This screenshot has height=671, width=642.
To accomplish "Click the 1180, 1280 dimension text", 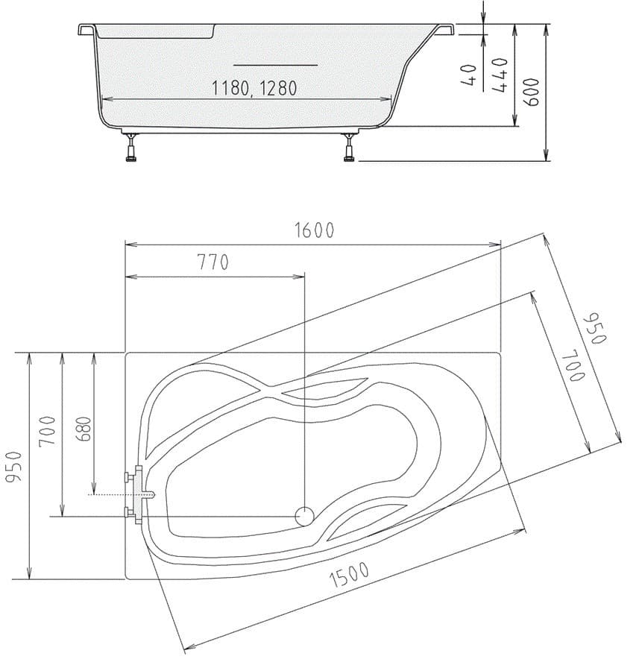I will [254, 89].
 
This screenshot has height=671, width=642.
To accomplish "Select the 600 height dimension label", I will [532, 92].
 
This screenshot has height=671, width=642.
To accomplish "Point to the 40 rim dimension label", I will [470, 75].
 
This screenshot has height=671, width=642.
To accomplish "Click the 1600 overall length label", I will [312, 230].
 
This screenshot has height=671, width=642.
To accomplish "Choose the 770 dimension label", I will [213, 263].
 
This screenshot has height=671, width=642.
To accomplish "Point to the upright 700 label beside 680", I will [48, 431].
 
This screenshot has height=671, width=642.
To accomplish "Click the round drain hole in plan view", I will [305, 515].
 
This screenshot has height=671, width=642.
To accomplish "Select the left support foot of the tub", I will [133, 149].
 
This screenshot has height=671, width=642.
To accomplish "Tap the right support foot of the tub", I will [348, 149].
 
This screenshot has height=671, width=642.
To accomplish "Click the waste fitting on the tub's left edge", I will [139, 494].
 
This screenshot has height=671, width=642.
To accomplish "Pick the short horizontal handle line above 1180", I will [276, 65].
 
